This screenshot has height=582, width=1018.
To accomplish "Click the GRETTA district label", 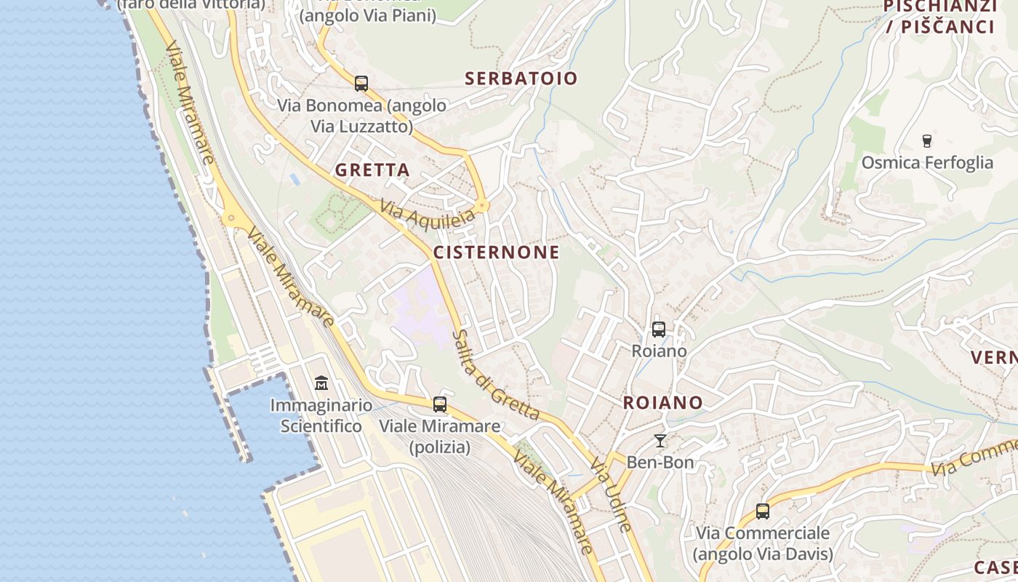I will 372,170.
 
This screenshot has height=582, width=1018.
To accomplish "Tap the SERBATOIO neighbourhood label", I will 521,79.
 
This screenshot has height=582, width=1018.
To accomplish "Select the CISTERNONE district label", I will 497,252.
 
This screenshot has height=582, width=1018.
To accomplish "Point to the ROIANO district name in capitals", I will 663,403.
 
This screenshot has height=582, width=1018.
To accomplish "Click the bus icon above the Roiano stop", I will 659,330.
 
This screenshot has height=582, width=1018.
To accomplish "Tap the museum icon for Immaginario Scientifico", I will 321,383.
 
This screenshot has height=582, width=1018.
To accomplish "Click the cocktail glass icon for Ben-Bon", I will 660,441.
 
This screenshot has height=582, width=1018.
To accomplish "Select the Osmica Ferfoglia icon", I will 927,140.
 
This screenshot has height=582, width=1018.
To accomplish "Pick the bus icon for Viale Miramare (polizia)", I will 440,404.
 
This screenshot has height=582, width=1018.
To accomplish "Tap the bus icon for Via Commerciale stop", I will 763,511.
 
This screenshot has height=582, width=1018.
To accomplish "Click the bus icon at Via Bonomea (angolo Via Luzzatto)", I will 361,84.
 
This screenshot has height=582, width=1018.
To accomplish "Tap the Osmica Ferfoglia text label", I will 927,162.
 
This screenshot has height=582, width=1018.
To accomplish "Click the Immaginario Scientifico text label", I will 321,415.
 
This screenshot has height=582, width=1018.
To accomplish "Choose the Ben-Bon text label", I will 660,462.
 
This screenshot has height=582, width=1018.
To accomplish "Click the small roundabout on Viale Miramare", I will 232,217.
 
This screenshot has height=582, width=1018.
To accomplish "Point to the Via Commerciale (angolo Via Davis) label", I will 763,543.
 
